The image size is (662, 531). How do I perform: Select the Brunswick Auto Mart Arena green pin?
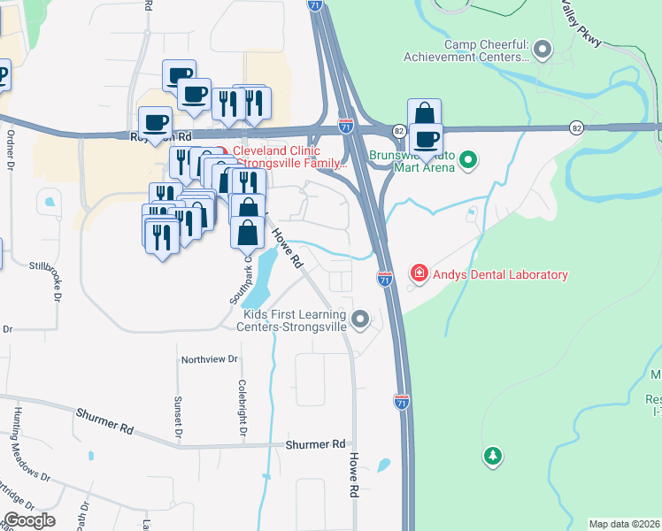click(x=469, y=160)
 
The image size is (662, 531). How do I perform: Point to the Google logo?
click(x=29, y=520)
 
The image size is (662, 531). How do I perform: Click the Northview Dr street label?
click(x=210, y=359)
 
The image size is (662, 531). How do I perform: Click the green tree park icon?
click(x=492, y=457)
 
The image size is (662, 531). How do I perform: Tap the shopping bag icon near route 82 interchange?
click(x=424, y=114)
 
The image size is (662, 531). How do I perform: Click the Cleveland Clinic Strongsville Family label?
click(x=289, y=157)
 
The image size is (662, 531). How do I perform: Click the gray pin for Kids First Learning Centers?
click(x=360, y=319)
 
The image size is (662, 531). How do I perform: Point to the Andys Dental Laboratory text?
click(x=500, y=274)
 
